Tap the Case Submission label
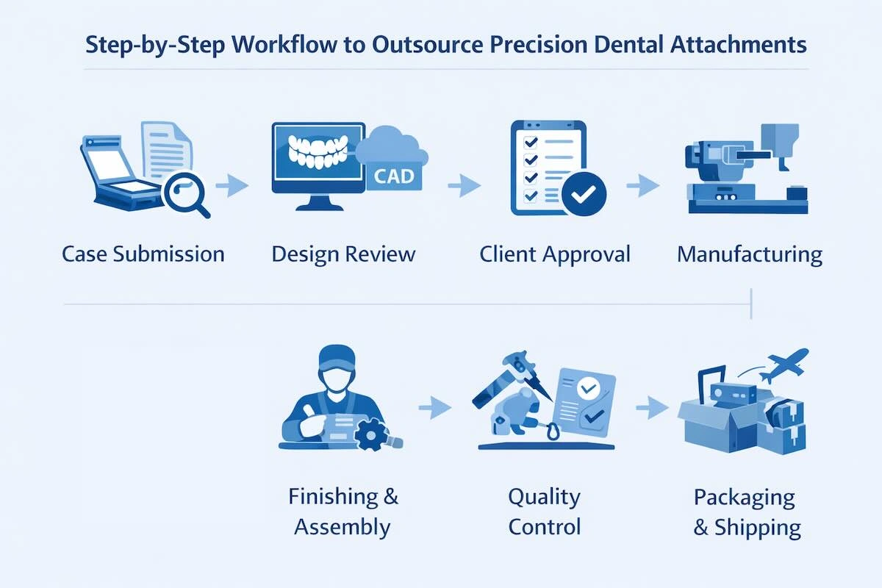143,254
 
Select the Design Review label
343,254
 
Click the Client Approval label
555,254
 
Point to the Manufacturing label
749,254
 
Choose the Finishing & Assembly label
343,512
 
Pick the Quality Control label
545,512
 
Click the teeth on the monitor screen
319,151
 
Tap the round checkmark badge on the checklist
584,193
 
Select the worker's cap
337,357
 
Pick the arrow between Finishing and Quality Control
437,406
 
